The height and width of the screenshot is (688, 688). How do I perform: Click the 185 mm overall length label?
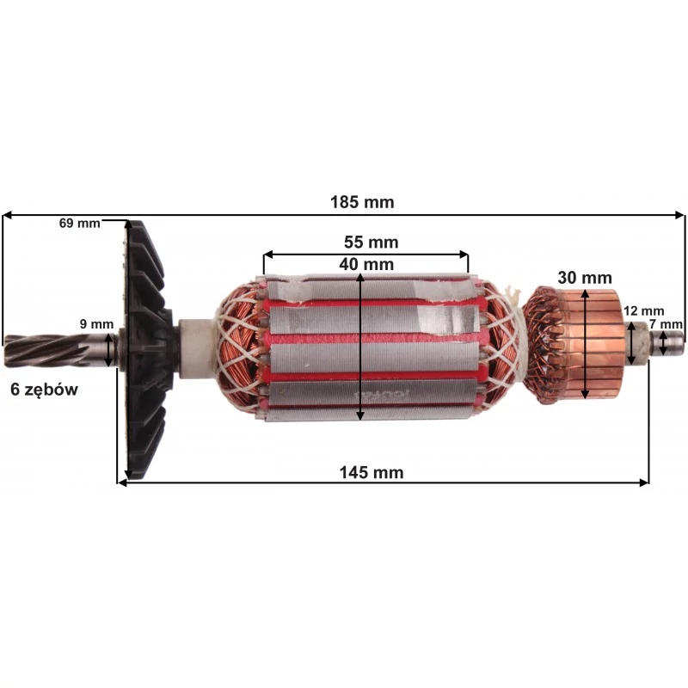point(362,202)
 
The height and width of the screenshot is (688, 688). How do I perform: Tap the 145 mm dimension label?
point(372,472)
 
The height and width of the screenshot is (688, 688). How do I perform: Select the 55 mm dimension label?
point(371,243)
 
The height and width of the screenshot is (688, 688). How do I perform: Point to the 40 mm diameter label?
point(366,264)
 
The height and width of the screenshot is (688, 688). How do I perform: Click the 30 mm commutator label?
point(585,278)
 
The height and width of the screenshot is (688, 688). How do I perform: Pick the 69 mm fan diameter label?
point(79,223)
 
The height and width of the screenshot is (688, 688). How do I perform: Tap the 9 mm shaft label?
point(96,324)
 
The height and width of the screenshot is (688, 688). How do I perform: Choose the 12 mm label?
point(643,311)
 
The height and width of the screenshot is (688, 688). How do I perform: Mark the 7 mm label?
point(666,324)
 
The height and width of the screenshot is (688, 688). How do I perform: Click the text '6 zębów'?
point(45,390)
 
